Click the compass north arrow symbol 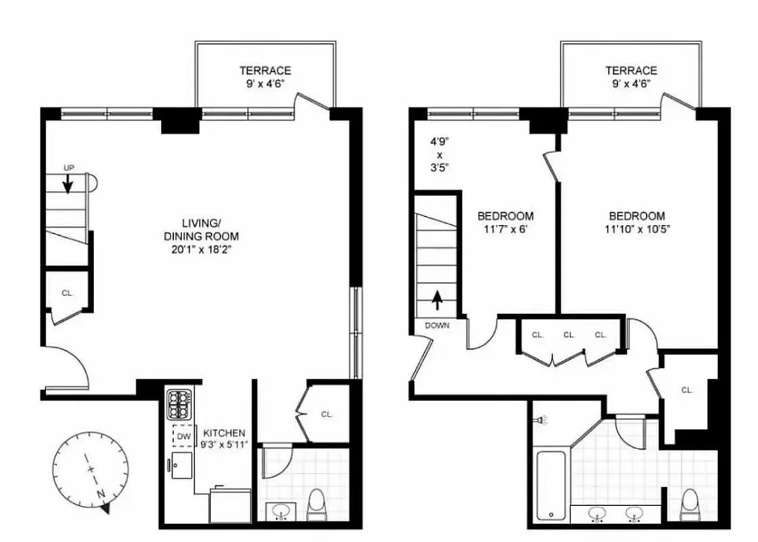[106, 507]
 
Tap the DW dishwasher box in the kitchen [183, 436]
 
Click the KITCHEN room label [225, 433]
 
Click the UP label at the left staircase [68, 167]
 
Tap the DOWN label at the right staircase [437, 325]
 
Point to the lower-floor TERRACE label [265, 70]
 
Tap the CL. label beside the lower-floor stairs [67, 293]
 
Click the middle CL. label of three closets [569, 335]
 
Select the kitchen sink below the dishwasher [181, 465]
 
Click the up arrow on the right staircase [437, 299]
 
